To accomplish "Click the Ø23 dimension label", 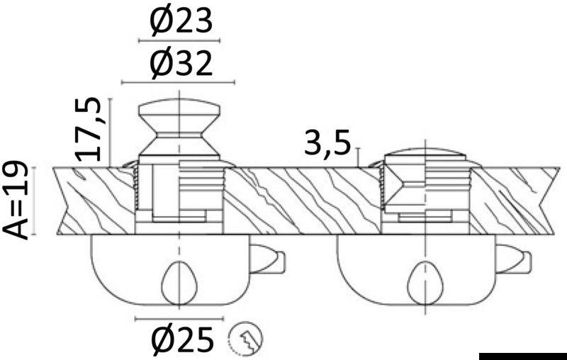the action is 181,21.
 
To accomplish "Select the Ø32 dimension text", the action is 181,62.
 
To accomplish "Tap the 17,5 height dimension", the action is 87,130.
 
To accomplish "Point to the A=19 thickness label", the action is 15,201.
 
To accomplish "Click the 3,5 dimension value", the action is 327,143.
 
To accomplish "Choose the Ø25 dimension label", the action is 181,339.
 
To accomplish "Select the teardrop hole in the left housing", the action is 179,283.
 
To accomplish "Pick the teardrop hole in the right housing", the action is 426,283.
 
